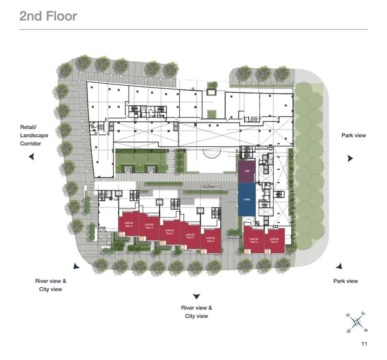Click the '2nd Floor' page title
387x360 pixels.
tap(48, 16)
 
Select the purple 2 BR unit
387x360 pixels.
tap(247, 172)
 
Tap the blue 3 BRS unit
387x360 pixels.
tap(247, 200)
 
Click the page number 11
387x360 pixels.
tap(364, 344)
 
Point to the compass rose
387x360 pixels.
tap(356, 322)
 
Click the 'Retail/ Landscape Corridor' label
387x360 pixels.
tap(34, 135)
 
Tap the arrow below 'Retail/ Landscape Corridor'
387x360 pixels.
tap(32, 157)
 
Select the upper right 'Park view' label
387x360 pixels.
tap(353, 135)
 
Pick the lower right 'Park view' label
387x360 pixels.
tap(345, 281)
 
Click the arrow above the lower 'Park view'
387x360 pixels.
tap(339, 266)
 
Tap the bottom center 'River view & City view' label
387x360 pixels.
tap(196, 312)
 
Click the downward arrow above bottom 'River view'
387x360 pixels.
tap(196, 296)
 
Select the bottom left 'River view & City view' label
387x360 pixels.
tap(51, 285)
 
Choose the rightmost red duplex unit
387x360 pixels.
tap(274, 240)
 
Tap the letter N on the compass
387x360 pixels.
tap(348, 315)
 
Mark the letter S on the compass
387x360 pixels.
tap(366, 330)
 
